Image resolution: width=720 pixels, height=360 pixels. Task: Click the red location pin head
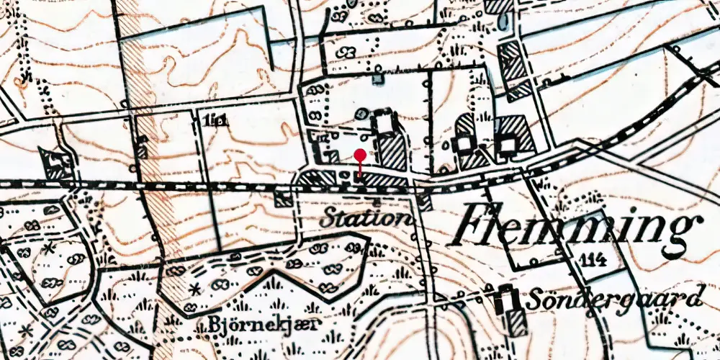pyautogui.click(x=360, y=154)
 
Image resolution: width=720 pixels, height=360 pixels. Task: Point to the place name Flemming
pyautogui.click(x=573, y=225)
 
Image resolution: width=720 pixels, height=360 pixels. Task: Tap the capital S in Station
pyautogui.click(x=331, y=217)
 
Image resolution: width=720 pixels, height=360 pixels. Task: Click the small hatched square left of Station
pyautogui.click(x=284, y=199)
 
